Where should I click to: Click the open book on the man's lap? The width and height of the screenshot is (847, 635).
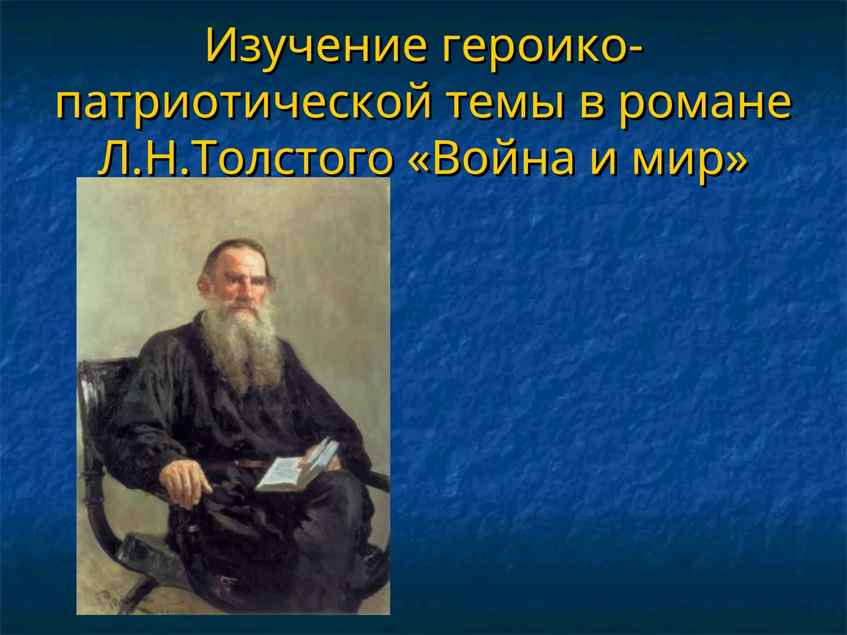coord(299,466)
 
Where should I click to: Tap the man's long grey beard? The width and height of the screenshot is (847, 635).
coord(244,344)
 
